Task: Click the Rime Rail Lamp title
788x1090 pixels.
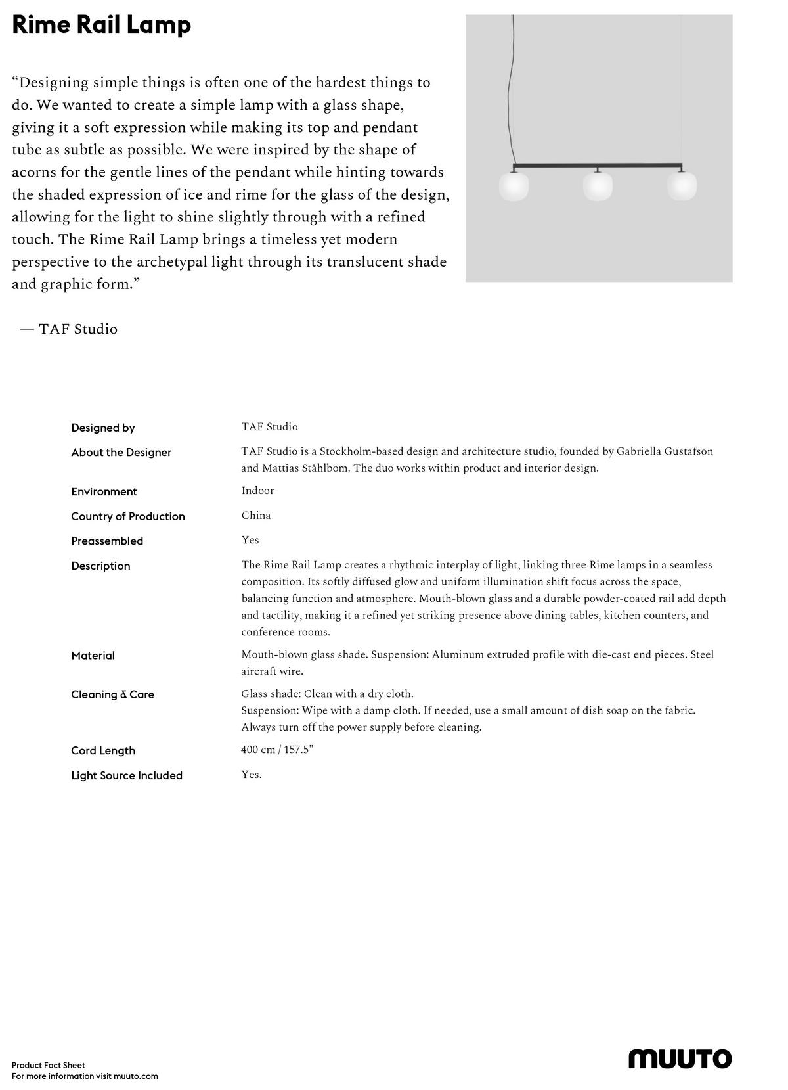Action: click(102, 26)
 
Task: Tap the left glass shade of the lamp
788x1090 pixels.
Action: click(514, 187)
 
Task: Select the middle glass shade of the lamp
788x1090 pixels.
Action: click(598, 187)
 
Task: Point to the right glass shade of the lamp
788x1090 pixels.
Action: click(682, 187)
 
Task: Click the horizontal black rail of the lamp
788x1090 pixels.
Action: click(598, 166)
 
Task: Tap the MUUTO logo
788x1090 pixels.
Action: click(680, 1059)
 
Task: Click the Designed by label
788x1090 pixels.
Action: click(103, 428)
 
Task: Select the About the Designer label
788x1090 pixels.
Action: click(121, 452)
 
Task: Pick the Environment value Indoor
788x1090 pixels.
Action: click(257, 491)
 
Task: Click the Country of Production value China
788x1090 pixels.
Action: click(256, 516)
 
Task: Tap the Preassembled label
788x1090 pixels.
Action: click(107, 541)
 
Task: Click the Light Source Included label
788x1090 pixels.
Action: click(127, 775)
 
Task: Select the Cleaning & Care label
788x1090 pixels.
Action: click(113, 694)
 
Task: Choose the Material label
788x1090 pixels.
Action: click(93, 656)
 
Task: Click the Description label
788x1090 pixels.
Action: click(101, 566)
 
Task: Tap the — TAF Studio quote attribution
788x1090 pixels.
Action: click(69, 329)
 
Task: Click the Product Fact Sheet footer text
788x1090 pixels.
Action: click(49, 1065)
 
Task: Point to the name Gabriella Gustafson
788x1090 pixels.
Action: click(665, 451)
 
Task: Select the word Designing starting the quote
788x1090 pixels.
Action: click(54, 83)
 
